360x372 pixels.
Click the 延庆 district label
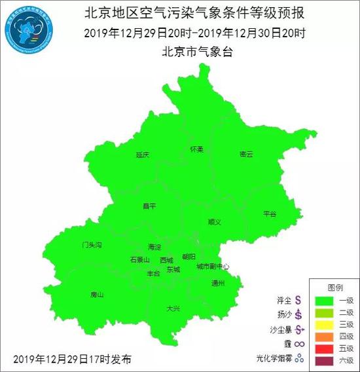click(x=143, y=155)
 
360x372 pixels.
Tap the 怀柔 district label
click(x=196, y=149)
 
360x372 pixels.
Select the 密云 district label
click(x=246, y=154)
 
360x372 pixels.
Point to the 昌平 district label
click(x=150, y=206)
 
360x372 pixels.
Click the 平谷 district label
click(x=270, y=214)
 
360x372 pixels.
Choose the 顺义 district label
click(x=214, y=222)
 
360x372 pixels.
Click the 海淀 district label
click(x=154, y=247)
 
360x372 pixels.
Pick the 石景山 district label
click(x=140, y=259)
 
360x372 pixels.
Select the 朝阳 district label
click(x=189, y=257)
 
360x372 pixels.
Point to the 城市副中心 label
click(x=213, y=267)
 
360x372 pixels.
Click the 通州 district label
click(x=218, y=283)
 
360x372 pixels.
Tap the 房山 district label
click(x=97, y=295)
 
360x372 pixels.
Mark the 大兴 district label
click(x=173, y=308)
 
